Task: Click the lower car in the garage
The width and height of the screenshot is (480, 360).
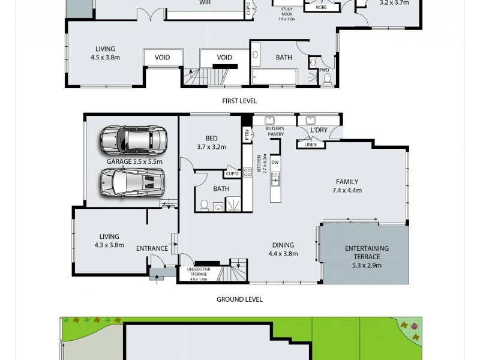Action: coord(133,181)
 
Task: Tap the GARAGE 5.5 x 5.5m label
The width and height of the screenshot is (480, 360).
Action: coord(134,161)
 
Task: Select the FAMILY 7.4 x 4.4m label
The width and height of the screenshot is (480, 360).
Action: coord(347,186)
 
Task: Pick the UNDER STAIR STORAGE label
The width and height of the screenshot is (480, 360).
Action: coord(198,274)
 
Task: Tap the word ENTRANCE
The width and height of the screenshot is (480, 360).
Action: coord(152,248)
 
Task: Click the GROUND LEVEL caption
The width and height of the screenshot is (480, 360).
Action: coord(240,299)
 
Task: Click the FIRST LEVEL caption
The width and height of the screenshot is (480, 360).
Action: coord(239,101)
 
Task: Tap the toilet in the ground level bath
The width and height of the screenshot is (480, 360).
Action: coord(203,206)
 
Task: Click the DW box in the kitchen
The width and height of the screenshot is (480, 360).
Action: coord(275,162)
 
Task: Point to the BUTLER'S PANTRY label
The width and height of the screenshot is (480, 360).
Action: coord(275,131)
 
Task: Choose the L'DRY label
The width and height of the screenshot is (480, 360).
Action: coord(319,131)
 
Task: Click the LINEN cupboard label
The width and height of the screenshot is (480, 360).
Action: coord(311,145)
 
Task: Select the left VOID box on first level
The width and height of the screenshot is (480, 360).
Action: coord(162,58)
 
